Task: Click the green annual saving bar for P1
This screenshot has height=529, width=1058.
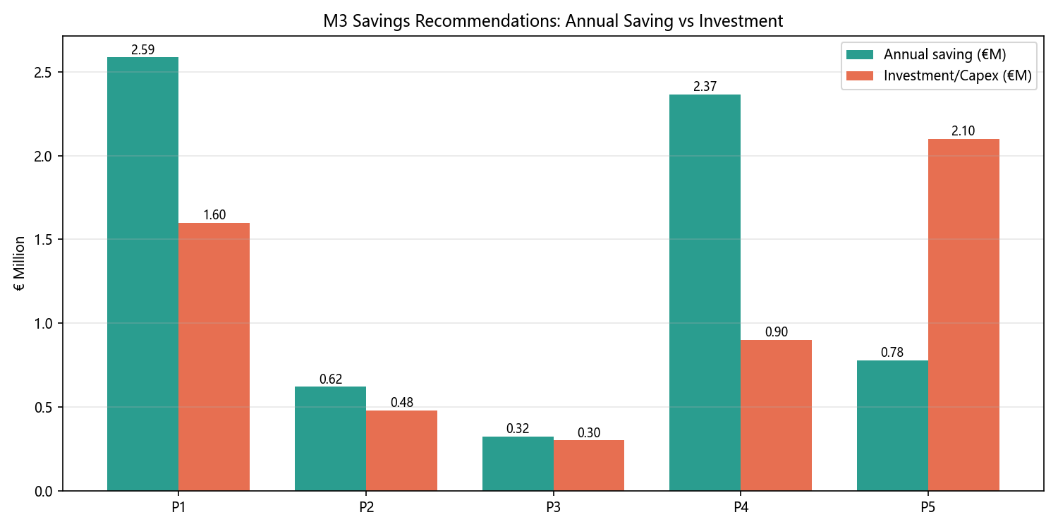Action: pyautogui.click(x=142, y=274)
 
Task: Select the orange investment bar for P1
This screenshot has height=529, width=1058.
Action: pyautogui.click(x=214, y=357)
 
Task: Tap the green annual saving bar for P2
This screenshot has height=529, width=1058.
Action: pyautogui.click(x=330, y=439)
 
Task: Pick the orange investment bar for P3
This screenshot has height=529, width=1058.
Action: pyautogui.click(x=588, y=466)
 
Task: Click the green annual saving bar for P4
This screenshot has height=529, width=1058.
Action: pyautogui.click(x=705, y=293)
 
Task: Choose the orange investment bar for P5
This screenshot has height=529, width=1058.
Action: pyautogui.click(x=963, y=315)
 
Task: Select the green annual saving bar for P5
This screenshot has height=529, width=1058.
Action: pyautogui.click(x=892, y=425)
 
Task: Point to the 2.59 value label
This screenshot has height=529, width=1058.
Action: pyautogui.click(x=142, y=49)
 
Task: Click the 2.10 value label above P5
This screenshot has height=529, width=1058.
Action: pyautogui.click(x=963, y=130)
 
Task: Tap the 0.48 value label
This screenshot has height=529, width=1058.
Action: pyautogui.click(x=402, y=403)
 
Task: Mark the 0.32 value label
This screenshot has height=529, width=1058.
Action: pyautogui.click(x=518, y=428)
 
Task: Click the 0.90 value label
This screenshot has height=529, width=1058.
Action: pyautogui.click(x=777, y=332)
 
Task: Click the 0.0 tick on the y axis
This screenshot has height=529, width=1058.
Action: pyautogui.click(x=43, y=492)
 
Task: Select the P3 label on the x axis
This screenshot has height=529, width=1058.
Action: pyautogui.click(x=553, y=507)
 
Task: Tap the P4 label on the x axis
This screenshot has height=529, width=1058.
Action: pyautogui.click(x=741, y=507)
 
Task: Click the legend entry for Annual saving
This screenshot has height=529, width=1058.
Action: pyautogui.click(x=925, y=54)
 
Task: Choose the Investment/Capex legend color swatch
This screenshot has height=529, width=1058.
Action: pyautogui.click(x=860, y=75)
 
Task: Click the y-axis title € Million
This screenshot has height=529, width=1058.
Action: pyautogui.click(x=19, y=264)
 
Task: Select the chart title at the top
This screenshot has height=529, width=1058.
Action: pyautogui.click(x=553, y=20)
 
